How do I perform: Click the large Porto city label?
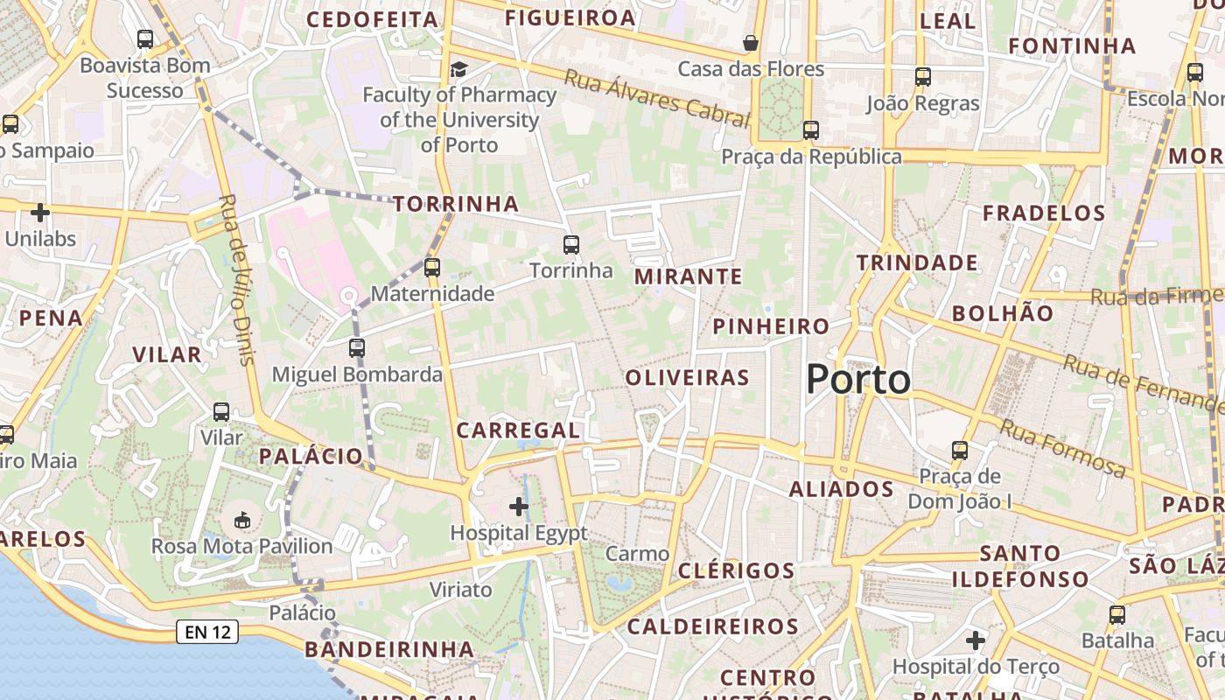857,380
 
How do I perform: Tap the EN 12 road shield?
207,631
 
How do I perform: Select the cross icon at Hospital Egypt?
519,506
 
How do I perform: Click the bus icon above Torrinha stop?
571,244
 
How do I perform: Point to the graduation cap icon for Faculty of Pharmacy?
458,69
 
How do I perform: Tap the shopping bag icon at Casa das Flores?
750,42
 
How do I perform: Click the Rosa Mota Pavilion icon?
242,521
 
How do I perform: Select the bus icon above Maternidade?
431,267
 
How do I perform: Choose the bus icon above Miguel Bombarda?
356,347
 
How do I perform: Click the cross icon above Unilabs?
40,212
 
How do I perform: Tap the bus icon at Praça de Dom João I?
960,450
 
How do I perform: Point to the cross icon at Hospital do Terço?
976,640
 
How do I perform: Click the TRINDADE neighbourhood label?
917,262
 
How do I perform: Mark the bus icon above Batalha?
1117,614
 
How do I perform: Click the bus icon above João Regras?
923,76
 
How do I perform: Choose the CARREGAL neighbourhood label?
518,430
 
